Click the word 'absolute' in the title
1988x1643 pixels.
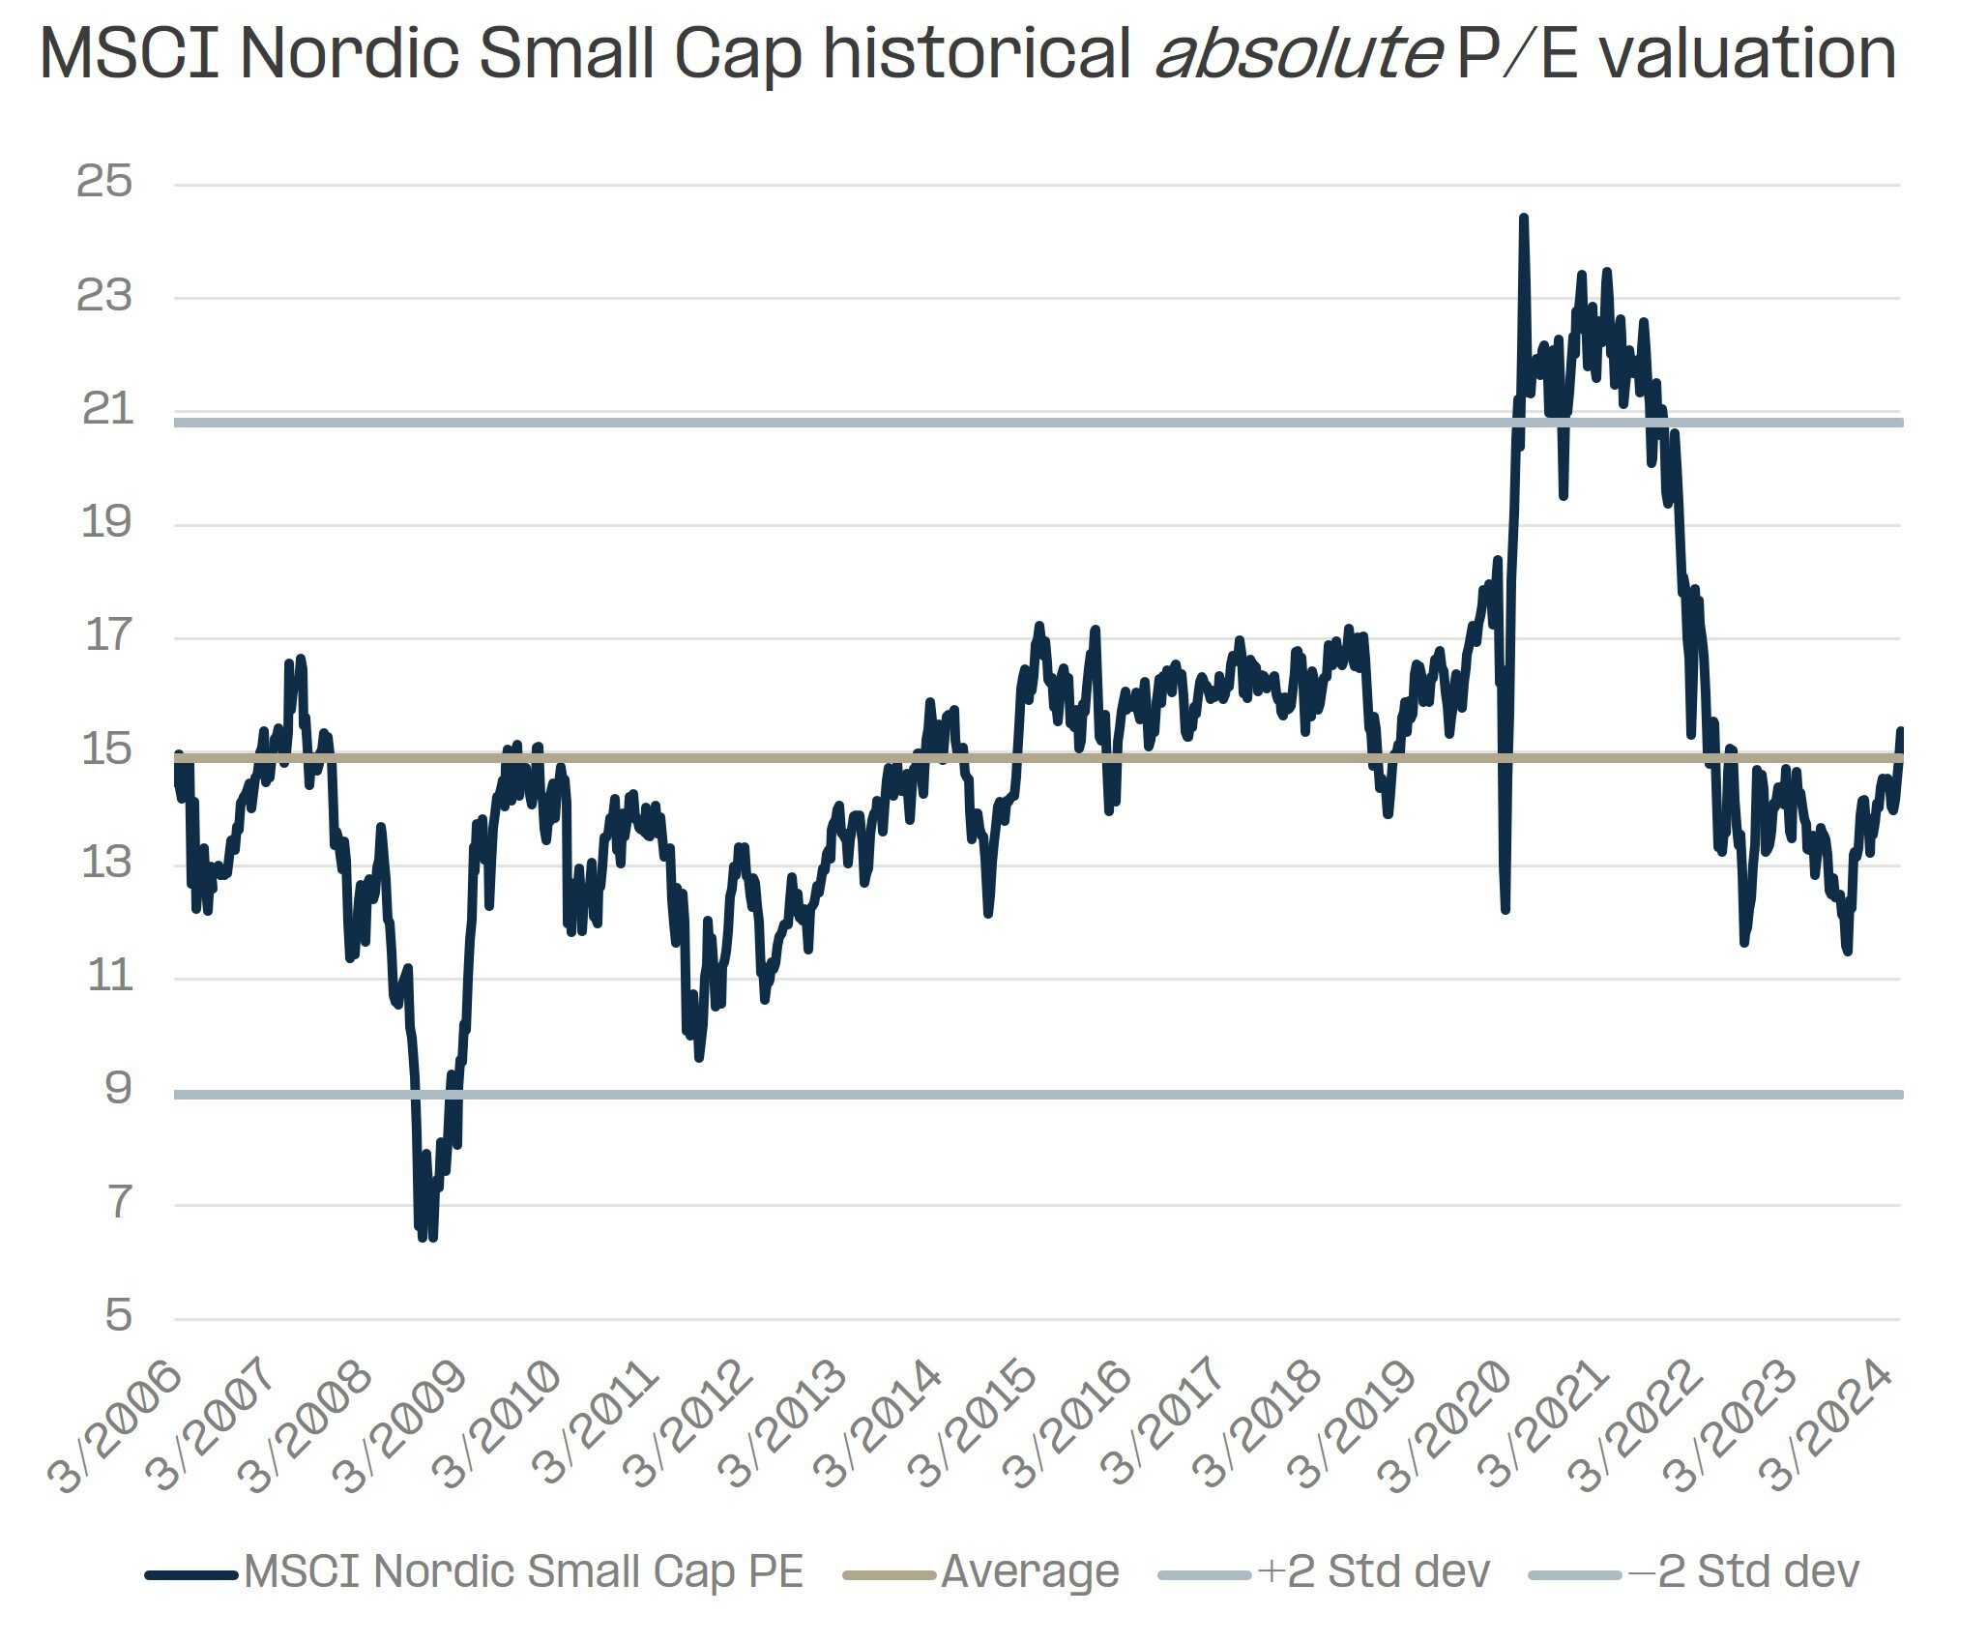(1296, 54)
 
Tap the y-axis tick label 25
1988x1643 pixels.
(103, 182)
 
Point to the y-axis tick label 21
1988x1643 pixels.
(106, 410)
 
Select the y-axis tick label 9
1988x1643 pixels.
(118, 1090)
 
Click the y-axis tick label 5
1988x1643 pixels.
(118, 1316)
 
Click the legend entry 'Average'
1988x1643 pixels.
(1029, 1571)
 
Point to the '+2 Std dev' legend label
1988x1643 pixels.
(1374, 1571)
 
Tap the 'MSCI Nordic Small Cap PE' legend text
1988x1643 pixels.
(523, 1571)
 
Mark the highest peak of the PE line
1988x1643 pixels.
(1524, 219)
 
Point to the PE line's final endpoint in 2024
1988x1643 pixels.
(1900, 730)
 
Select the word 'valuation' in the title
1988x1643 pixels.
(1746, 54)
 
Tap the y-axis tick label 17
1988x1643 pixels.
(106, 636)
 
